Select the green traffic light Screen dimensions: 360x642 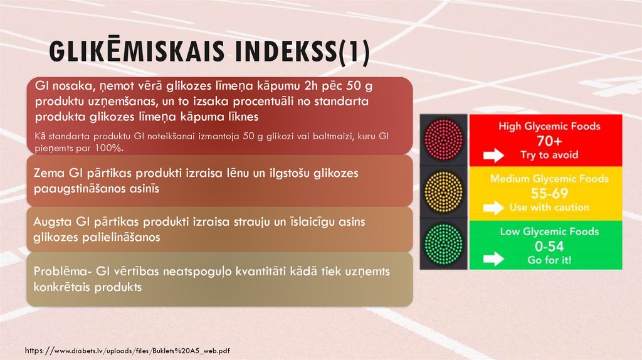[x=443, y=243]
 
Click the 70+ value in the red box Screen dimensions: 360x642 [x=549, y=140]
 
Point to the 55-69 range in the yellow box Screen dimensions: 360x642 [x=549, y=193]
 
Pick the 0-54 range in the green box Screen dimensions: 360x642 [x=549, y=245]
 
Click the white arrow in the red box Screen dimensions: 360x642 [x=493, y=155]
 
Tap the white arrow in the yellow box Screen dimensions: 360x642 [x=493, y=208]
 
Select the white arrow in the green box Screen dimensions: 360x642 [x=493, y=258]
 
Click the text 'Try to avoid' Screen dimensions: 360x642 [x=549, y=155]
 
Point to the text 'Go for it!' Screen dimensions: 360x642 [x=549, y=260]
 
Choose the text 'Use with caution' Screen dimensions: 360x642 [x=549, y=207]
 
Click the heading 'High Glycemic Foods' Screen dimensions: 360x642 [x=549, y=126]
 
